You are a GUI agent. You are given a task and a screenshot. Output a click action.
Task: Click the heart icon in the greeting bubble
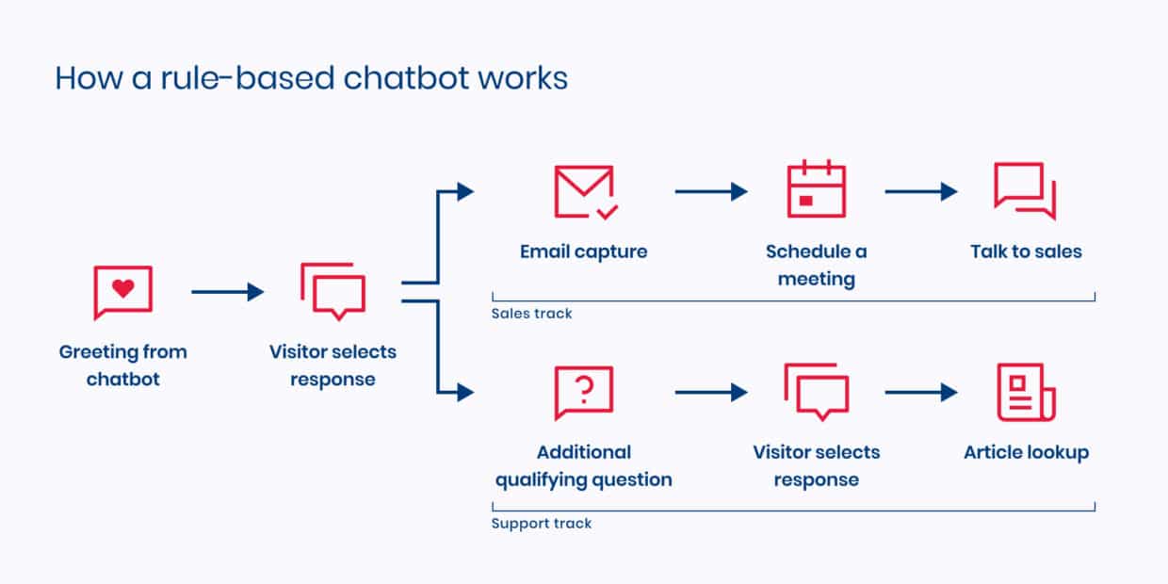point(122,289)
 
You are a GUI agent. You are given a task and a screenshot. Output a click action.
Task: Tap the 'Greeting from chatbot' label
point(122,365)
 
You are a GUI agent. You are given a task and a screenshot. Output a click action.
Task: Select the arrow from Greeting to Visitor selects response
point(227,292)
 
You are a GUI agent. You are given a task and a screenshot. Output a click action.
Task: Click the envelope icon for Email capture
point(584,192)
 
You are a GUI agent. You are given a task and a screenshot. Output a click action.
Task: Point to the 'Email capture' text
point(583,251)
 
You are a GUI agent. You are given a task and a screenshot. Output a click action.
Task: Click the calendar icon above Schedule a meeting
point(816,190)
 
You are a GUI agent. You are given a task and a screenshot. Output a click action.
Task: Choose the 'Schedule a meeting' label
point(816,265)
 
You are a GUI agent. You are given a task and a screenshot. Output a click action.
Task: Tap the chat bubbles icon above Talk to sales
point(1025,191)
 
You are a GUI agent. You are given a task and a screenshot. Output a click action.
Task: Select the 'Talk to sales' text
point(1026,251)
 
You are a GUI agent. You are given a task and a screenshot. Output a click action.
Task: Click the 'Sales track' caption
point(531,314)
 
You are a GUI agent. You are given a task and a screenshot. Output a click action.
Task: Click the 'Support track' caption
point(542,523)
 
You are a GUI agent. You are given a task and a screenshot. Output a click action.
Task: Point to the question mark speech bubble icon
point(584,392)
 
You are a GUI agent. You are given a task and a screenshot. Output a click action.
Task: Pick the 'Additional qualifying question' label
point(584,465)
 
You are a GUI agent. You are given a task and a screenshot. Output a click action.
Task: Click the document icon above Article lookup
point(1026,392)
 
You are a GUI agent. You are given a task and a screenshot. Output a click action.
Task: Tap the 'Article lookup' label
point(1026,452)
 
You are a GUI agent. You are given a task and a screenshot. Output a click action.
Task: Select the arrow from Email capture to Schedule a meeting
point(710,192)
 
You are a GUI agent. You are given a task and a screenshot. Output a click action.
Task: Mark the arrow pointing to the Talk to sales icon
point(920,192)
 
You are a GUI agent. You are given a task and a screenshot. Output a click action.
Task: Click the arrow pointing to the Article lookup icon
point(920,393)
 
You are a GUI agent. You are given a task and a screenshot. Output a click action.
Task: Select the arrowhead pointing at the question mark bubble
point(464,393)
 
